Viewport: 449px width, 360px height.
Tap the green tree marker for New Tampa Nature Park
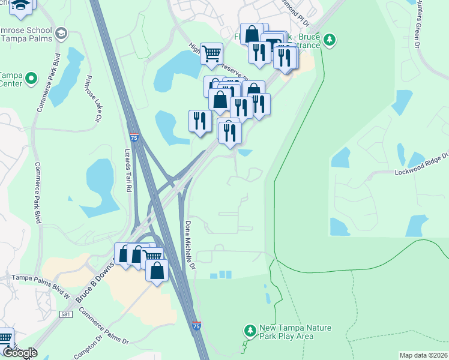click(250, 331)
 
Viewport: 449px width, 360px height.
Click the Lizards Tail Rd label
click(128, 170)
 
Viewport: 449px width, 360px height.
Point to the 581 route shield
click(66, 314)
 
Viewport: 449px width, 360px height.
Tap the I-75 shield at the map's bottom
click(197, 326)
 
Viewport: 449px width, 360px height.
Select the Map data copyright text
click(423, 355)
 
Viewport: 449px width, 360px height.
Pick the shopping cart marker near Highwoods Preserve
click(211, 54)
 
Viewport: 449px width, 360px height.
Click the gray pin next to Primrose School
click(60, 34)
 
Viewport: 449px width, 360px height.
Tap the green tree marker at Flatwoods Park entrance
click(329, 40)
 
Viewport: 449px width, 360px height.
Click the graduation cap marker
click(22, 4)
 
